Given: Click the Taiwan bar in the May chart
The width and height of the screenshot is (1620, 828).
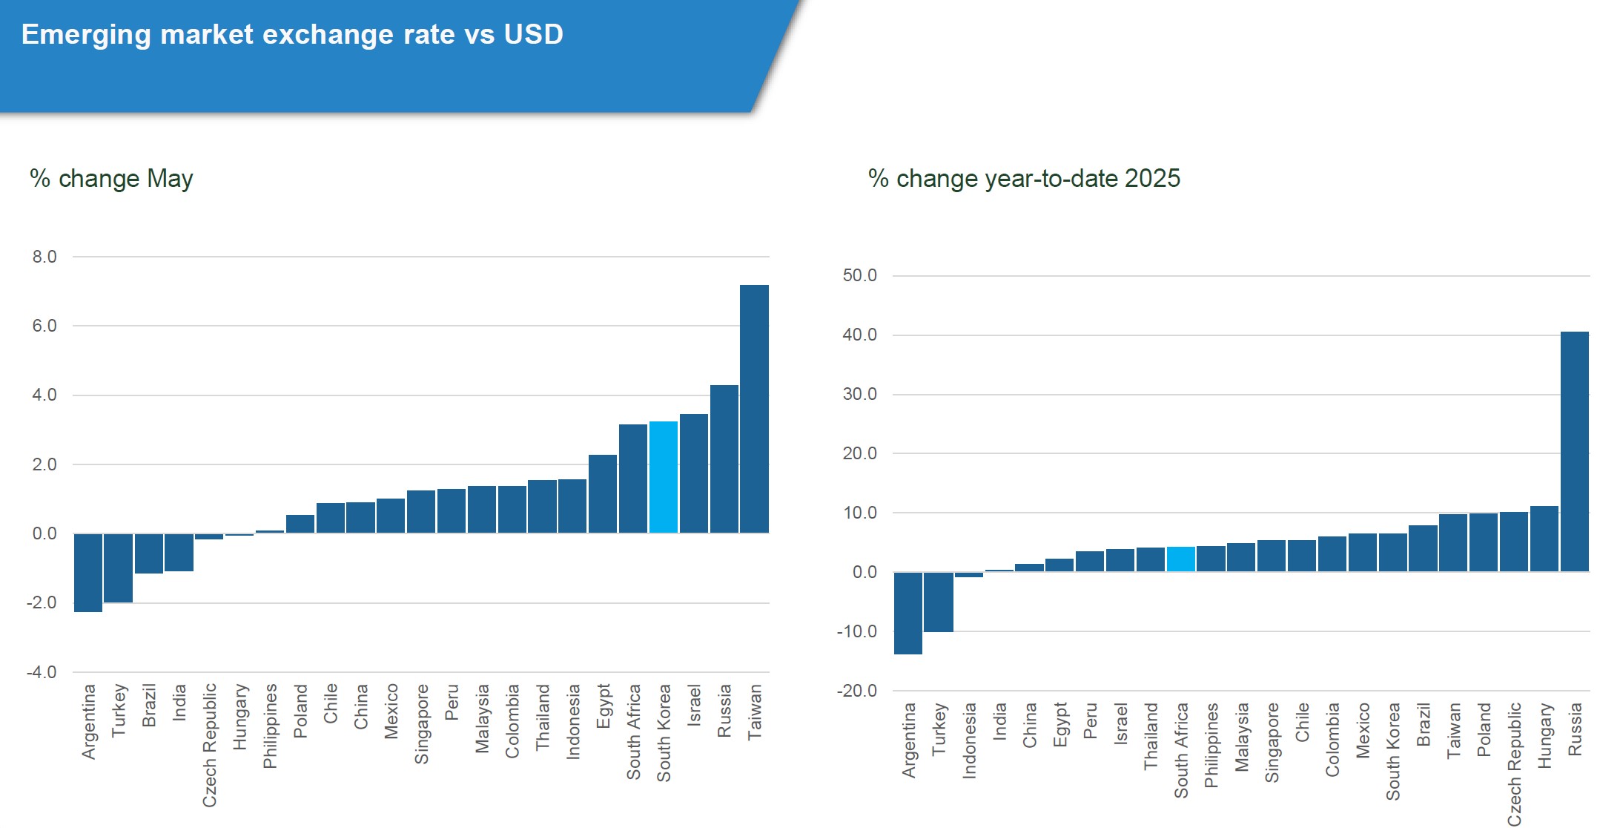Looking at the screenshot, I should tap(754, 409).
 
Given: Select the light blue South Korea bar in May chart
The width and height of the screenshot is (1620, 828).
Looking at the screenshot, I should tap(664, 477).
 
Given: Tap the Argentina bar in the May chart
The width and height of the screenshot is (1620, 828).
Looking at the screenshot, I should tap(88, 573).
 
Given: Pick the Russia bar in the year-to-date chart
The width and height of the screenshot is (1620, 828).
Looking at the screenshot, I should tap(1575, 451).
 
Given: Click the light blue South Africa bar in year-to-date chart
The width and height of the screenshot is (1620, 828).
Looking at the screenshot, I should tap(1181, 559).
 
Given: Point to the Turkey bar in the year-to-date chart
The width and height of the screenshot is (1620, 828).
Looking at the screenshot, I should tap(939, 602).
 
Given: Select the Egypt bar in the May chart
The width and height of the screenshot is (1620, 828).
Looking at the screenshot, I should tap(603, 494).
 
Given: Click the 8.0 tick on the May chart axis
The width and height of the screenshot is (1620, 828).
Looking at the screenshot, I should tap(44, 257).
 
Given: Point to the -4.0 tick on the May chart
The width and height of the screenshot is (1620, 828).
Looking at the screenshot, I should tap(42, 672).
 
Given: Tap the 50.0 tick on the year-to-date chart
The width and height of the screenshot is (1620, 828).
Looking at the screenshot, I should tap(859, 276).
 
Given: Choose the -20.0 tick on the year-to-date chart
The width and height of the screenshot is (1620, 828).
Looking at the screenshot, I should tap(857, 691).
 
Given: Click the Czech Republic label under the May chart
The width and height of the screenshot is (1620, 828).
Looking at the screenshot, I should tap(210, 745).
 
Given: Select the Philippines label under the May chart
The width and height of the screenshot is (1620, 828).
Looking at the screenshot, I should tap(270, 726).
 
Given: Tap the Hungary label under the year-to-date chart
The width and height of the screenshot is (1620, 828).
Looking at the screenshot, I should tap(1544, 735).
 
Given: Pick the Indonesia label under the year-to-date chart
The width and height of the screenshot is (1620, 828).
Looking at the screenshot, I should tap(969, 740).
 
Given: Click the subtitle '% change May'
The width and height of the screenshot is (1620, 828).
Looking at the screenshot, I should tap(111, 179).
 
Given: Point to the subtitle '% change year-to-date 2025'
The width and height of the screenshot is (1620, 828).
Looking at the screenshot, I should tap(1024, 179).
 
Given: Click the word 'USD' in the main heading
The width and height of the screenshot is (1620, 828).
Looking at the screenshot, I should tap(533, 35).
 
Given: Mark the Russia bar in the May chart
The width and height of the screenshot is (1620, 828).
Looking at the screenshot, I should tap(724, 459).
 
